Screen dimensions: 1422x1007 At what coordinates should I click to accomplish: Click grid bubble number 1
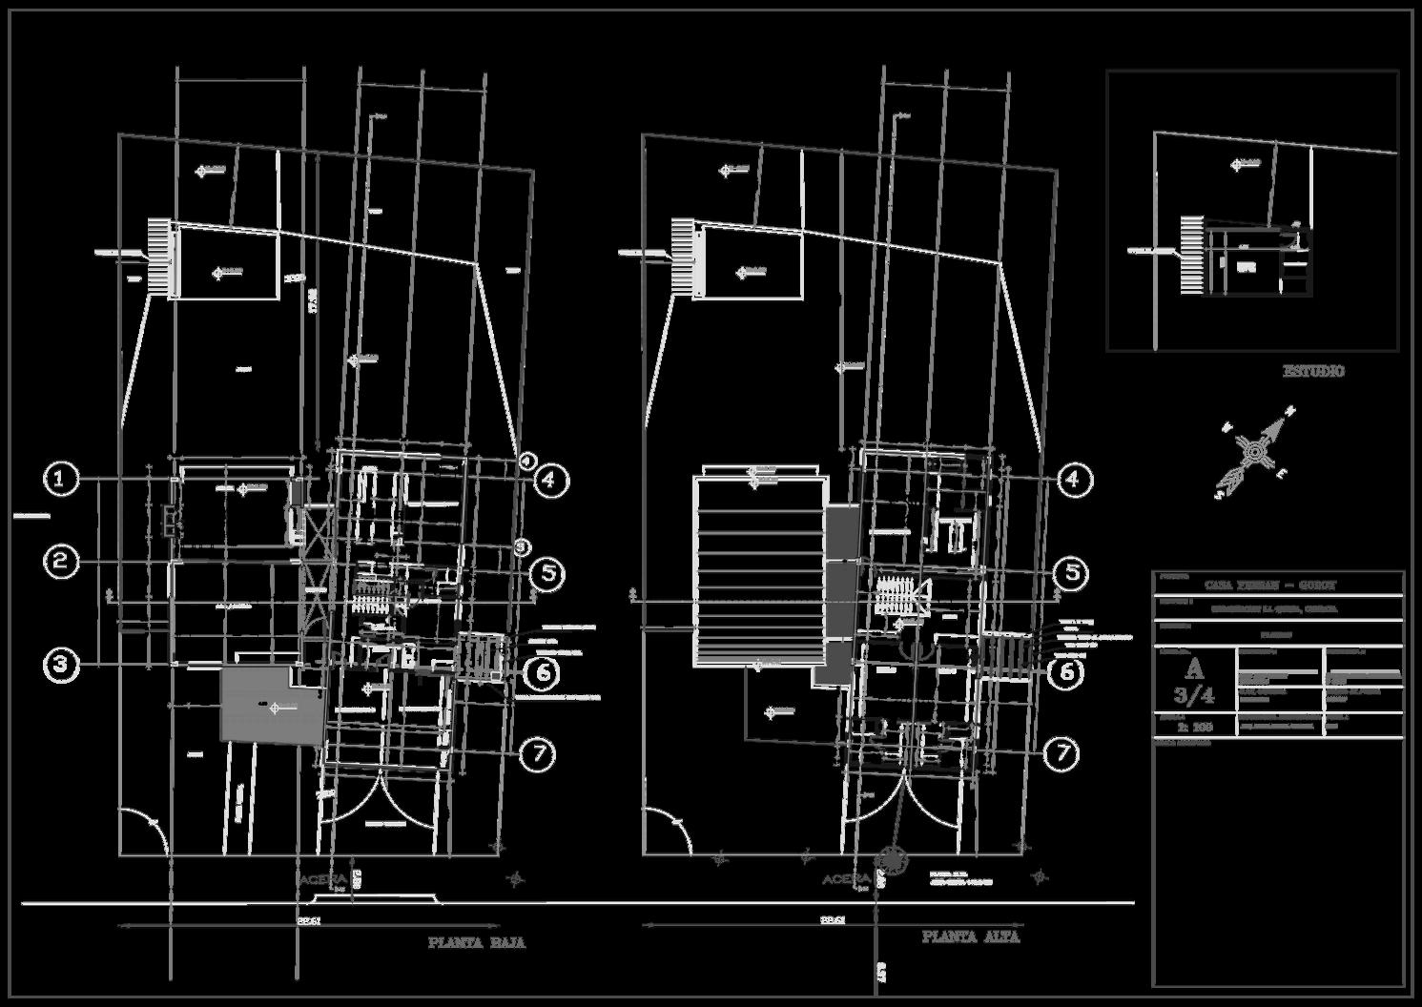pos(62,479)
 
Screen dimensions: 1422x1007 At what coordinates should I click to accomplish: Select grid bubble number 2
pos(62,562)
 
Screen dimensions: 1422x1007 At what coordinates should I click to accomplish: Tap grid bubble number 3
pos(62,665)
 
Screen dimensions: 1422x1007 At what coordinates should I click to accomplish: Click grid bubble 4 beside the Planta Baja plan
pos(549,480)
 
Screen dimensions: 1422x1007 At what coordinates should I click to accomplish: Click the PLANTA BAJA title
pos(476,943)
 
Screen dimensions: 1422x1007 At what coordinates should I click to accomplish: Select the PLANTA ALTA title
pos(970,937)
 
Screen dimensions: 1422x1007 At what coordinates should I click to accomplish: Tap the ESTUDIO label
pos(1313,371)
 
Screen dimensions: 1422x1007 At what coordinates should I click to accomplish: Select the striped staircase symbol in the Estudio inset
pos(1192,255)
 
